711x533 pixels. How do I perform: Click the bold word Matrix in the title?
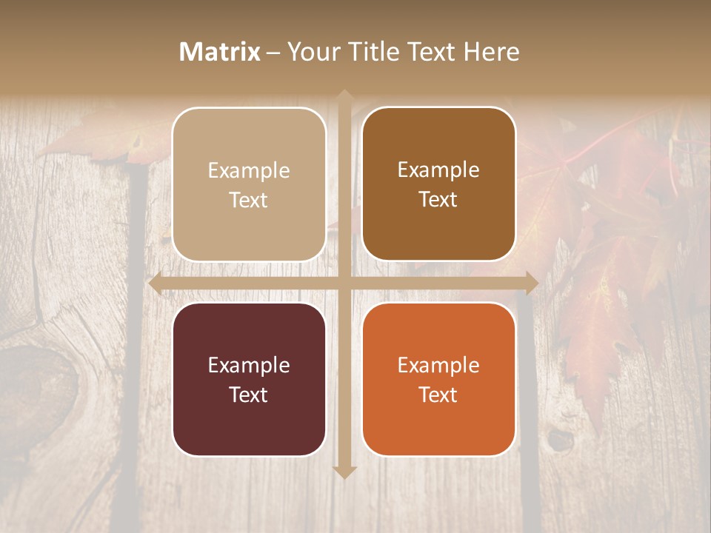point(220,52)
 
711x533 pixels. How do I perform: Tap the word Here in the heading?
point(491,52)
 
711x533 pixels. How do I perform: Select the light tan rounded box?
point(249,184)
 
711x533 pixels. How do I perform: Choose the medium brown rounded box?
point(438,184)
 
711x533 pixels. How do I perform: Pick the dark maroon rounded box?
point(249,379)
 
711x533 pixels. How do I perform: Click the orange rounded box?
point(438,379)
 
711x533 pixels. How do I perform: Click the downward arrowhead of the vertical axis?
point(344,472)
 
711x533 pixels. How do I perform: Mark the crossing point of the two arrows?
point(344,283)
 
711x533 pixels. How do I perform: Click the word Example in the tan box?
point(249,171)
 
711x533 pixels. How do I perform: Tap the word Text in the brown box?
point(438,200)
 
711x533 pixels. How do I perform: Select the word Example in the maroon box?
point(249,366)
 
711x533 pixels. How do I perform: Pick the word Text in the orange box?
point(438,395)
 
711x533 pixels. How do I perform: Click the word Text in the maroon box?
point(249,395)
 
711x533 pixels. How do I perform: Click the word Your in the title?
point(310,52)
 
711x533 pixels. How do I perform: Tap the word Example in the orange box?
point(438,366)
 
